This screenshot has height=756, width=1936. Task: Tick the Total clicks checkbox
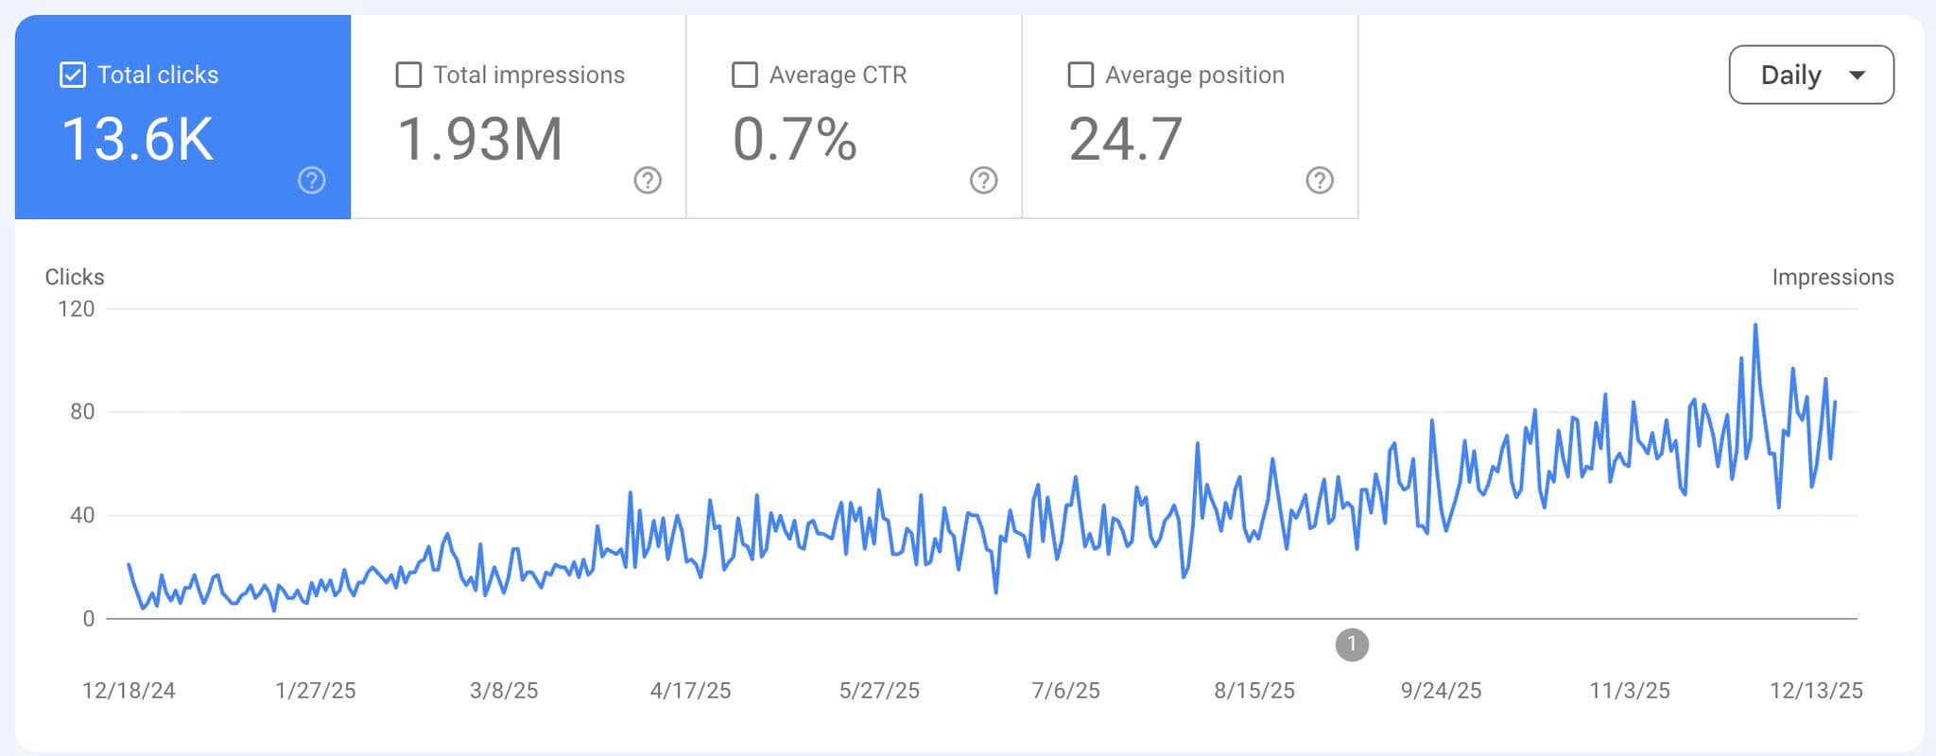(x=73, y=75)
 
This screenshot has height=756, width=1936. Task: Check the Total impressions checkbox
(x=408, y=75)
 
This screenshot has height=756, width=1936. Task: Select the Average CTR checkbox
(x=745, y=75)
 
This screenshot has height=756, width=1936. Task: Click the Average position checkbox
(x=1080, y=75)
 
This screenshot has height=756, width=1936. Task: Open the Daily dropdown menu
(x=1810, y=75)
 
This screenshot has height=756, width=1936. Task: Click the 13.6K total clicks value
(x=137, y=140)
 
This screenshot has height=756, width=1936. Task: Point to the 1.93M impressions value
(x=479, y=140)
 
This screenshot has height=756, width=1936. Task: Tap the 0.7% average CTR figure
(x=794, y=140)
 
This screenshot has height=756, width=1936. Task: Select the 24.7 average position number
(x=1125, y=140)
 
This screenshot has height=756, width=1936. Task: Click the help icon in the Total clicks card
(x=312, y=180)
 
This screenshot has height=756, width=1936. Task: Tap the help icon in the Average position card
(x=1320, y=180)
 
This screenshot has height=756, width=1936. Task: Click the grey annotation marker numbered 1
(x=1352, y=644)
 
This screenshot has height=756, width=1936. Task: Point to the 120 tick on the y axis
(x=76, y=309)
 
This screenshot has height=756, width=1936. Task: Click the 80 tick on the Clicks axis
(x=82, y=412)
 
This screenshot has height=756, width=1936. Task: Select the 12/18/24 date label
(x=129, y=691)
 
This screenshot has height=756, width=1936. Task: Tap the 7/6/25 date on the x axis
(x=1065, y=691)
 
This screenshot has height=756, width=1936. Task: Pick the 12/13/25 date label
(x=1816, y=691)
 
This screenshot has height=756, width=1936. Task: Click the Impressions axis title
(x=1832, y=277)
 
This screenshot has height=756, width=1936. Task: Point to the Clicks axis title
(x=75, y=277)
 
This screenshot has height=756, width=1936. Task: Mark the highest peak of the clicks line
(x=1755, y=325)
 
